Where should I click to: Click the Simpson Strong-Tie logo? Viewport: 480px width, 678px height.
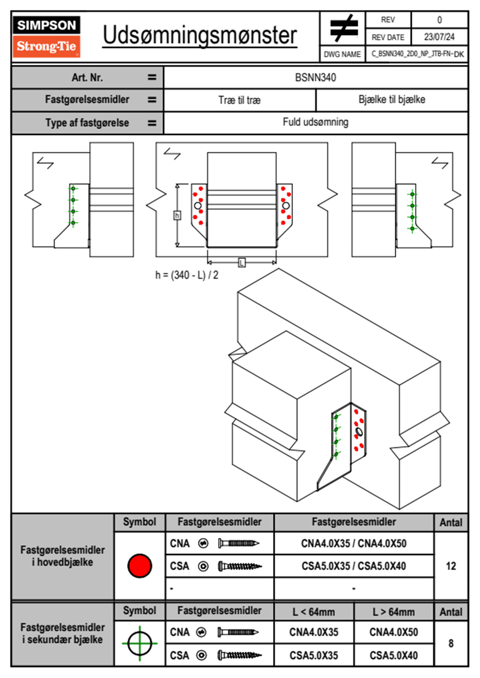46,36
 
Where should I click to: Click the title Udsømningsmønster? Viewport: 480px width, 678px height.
200,35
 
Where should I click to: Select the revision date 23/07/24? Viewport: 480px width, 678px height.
439,37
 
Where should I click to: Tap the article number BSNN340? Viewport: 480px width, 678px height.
315,77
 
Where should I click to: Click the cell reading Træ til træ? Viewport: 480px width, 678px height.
240,100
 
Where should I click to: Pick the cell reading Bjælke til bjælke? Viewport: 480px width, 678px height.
392,100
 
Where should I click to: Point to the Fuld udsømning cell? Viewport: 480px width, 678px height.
315,122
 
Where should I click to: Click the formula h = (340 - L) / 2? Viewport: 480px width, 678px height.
187,275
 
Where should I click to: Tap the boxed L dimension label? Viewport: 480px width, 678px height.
242,263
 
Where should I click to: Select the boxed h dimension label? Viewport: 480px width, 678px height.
177,216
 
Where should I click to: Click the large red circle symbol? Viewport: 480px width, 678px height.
140,566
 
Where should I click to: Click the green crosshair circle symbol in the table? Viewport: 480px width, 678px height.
140,643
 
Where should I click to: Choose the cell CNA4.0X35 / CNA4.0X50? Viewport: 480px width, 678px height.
354,543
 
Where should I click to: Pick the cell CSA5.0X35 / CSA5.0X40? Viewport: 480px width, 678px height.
354,566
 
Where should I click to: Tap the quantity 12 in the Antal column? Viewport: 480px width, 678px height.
451,566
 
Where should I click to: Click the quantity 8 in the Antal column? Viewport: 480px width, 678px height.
451,643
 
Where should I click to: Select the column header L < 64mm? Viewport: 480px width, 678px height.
314,612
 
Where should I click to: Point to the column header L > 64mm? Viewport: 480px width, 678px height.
394,612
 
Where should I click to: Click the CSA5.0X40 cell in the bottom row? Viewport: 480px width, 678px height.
394,655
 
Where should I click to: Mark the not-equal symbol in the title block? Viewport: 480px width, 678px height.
343,29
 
